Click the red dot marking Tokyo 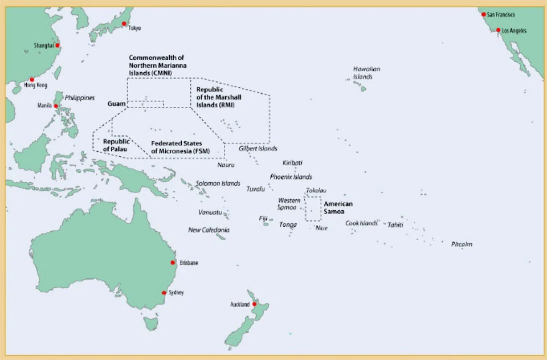[124, 24]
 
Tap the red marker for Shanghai [57, 46]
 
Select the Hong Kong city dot [32, 80]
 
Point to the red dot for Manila [56, 106]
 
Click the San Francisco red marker [484, 14]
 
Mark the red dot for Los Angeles [498, 30]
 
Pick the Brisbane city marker [173, 263]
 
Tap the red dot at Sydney [164, 293]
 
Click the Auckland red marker [254, 305]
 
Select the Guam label [116, 104]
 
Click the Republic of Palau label [116, 145]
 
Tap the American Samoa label [338, 207]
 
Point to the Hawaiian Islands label [366, 72]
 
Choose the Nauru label [226, 165]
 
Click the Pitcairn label [462, 244]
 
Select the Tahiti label [395, 224]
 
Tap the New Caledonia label [209, 230]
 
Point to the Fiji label [263, 218]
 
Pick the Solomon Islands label [218, 183]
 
